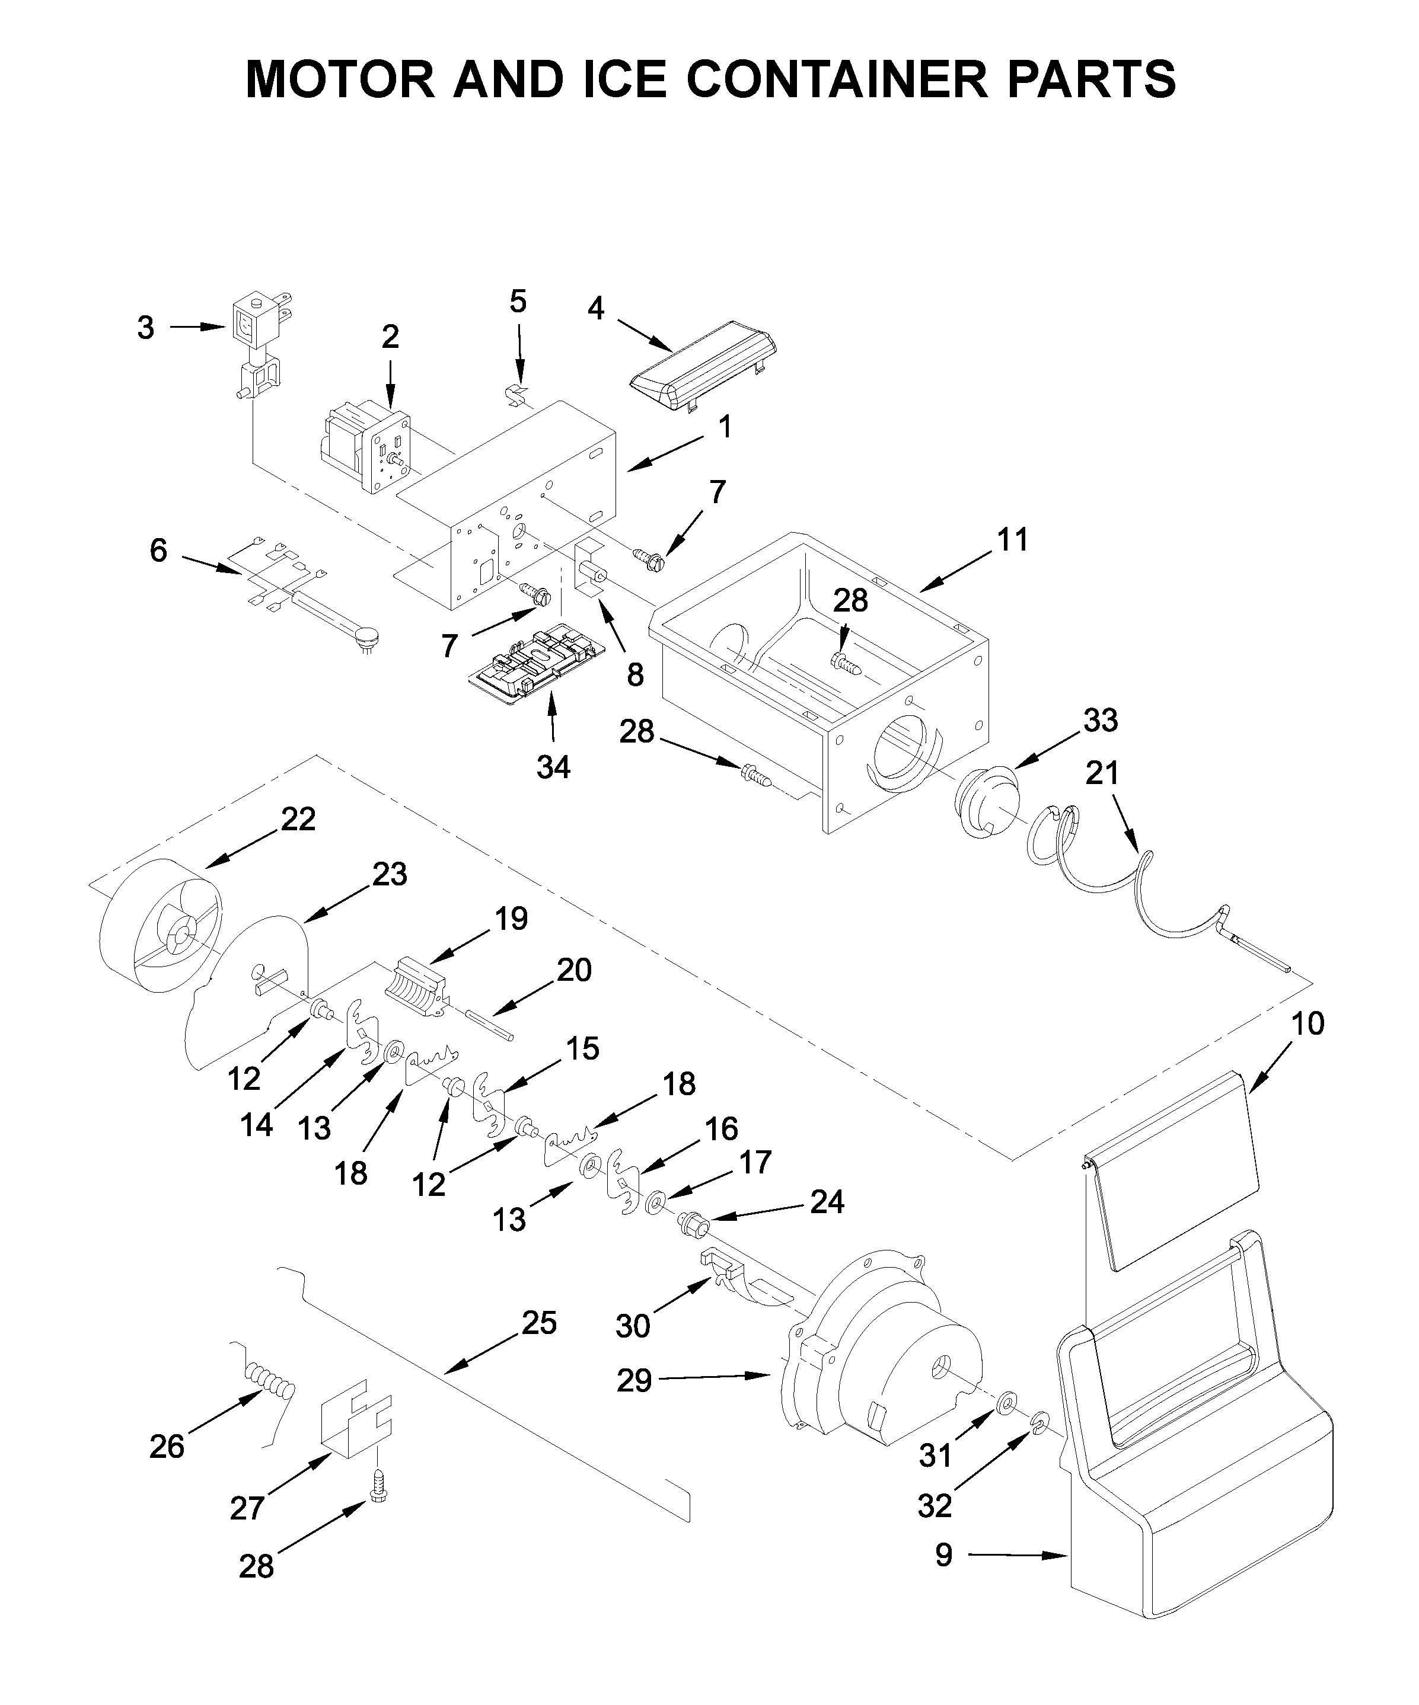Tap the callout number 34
[x=553, y=766]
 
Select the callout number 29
[x=634, y=1380]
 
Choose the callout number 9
[x=943, y=1556]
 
